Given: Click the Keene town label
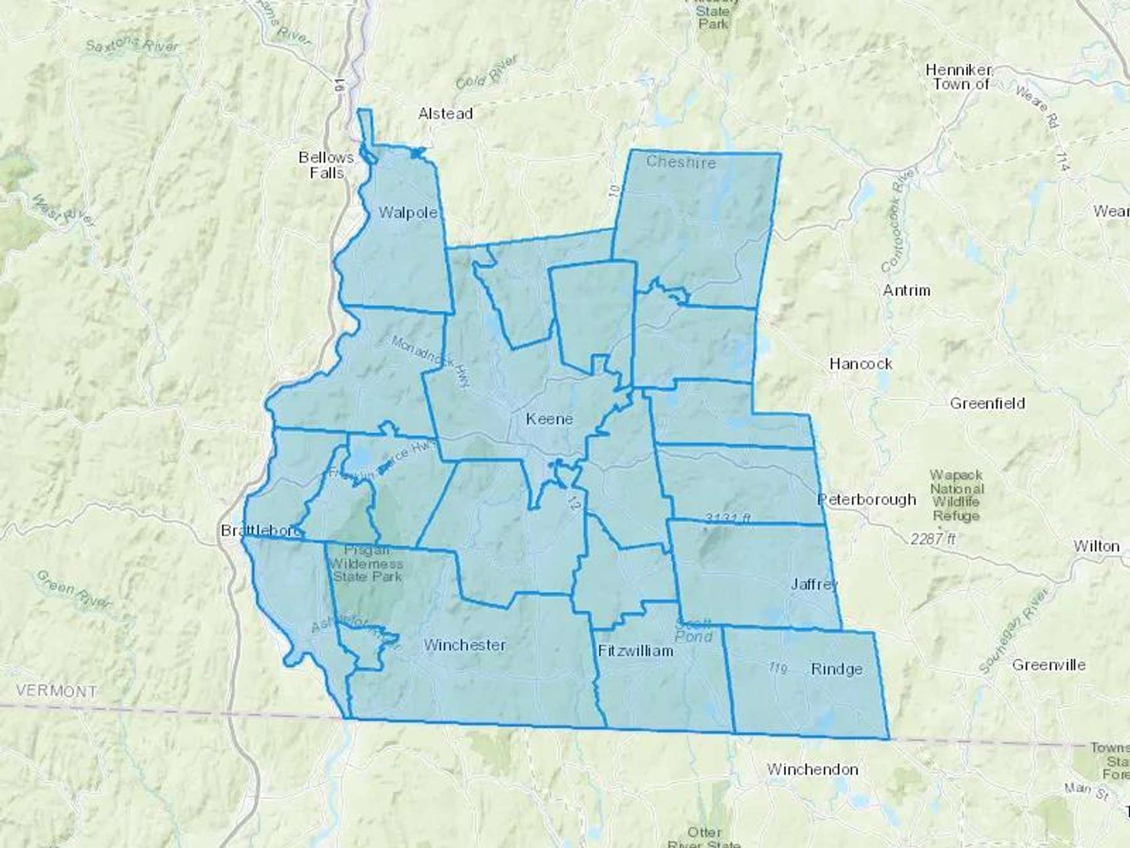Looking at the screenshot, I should pos(549,419).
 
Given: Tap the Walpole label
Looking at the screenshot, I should pos(408,213).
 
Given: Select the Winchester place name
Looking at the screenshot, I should pos(465,644).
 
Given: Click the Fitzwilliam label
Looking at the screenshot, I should pos(635,650).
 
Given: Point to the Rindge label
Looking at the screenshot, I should pos(836,669).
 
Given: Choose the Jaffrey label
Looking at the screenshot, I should pos(814,584).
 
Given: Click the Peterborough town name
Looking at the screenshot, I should pos(866,499).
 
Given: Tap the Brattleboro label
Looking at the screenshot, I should pos(259,531).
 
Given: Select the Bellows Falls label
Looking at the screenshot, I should pos(326,165).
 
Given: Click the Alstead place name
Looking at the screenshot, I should pos(445,114).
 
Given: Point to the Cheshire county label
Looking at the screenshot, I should pos(681,162).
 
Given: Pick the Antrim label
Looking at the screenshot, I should pos(907,290).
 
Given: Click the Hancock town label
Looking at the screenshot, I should pos(861,364).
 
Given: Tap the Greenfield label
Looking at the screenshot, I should pos(987,403).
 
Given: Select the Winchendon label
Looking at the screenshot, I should pos(812,769).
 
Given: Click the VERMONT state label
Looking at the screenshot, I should pos(56,691).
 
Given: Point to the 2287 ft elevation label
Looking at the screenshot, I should pos(934,538).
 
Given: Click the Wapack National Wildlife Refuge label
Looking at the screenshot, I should pos(957,495).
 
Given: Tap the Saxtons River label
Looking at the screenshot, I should pos(132,45).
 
